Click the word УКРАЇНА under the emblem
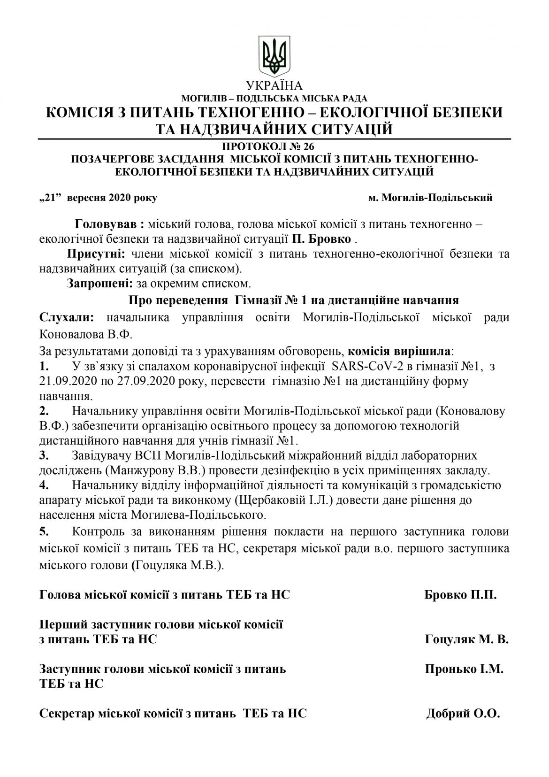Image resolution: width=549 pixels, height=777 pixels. click(x=274, y=86)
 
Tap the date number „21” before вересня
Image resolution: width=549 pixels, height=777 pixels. click(x=51, y=198)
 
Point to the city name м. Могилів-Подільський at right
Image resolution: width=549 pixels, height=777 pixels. click(x=430, y=198)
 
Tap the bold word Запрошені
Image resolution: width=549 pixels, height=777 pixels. click(x=100, y=284)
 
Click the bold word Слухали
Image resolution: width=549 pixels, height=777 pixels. click(x=67, y=318)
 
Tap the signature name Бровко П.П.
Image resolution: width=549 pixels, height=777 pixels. click(x=460, y=595)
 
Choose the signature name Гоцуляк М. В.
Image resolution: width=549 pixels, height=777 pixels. click(x=466, y=639)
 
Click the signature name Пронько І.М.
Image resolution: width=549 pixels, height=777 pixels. click(x=464, y=669)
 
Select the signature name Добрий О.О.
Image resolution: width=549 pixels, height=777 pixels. click(x=463, y=714)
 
